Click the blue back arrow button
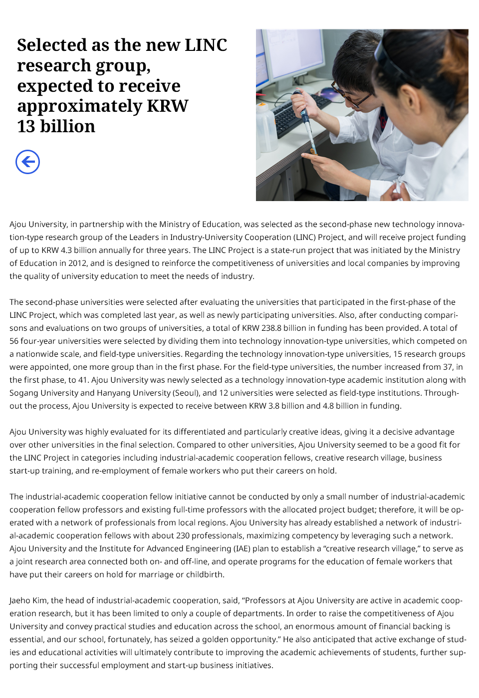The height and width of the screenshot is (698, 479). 27,162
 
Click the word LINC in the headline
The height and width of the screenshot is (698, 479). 206,45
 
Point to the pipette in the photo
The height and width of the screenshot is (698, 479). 305,120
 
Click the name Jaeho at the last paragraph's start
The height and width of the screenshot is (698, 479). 20,600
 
